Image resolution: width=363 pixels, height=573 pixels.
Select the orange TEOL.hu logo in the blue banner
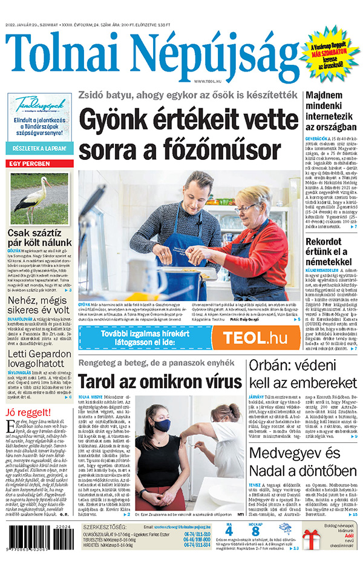pyautogui.click(x=255, y=338)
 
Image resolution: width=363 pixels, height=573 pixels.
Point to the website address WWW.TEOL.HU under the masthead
pyautogui.click(x=206, y=81)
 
